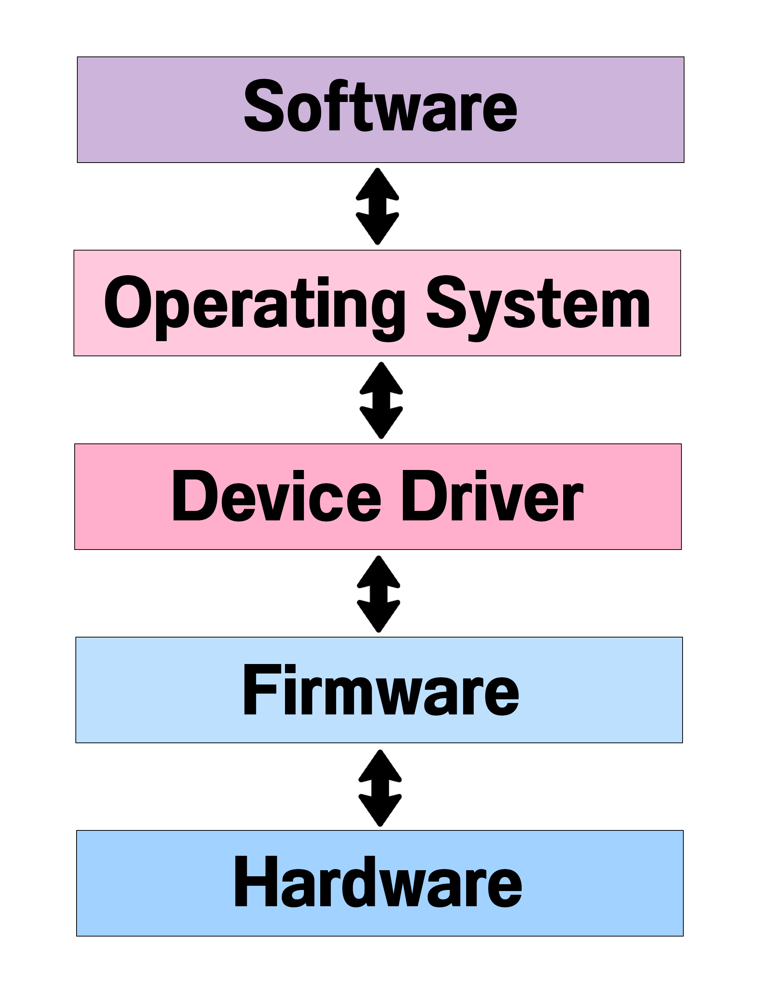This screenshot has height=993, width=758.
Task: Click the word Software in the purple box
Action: tap(381, 107)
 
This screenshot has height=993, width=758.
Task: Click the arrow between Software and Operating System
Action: tap(377, 207)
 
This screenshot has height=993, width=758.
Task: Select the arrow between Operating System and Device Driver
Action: tap(381, 401)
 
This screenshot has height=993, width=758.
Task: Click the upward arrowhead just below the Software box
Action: tap(377, 185)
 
